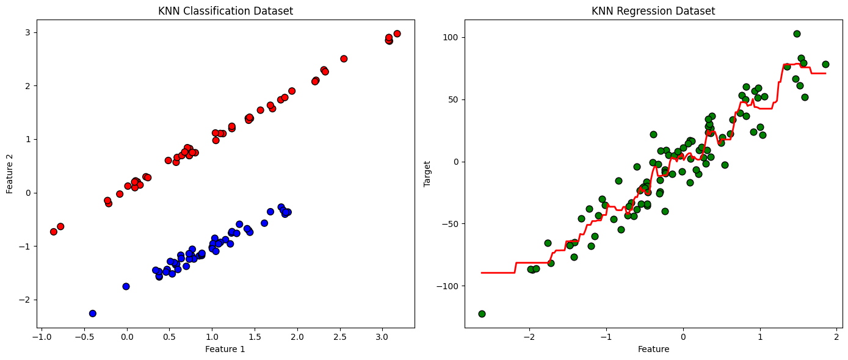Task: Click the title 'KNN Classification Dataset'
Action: (x=225, y=11)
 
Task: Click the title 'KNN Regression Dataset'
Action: (x=653, y=11)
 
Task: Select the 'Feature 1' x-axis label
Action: (x=225, y=349)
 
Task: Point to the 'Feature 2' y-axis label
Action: (x=10, y=173)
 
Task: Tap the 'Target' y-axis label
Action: (x=428, y=173)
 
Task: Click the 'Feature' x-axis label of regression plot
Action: (x=653, y=349)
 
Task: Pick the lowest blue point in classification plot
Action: (x=93, y=313)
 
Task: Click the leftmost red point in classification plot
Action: (x=54, y=231)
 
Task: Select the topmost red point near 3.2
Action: (x=397, y=34)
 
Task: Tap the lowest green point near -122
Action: (x=482, y=314)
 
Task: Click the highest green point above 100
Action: (x=797, y=34)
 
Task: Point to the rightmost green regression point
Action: (x=825, y=64)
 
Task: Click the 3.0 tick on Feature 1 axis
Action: (x=382, y=336)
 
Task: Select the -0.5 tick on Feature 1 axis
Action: (x=84, y=336)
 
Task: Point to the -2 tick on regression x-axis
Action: (x=529, y=336)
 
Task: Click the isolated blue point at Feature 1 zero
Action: (x=126, y=286)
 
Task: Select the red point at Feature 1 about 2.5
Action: (x=344, y=59)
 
